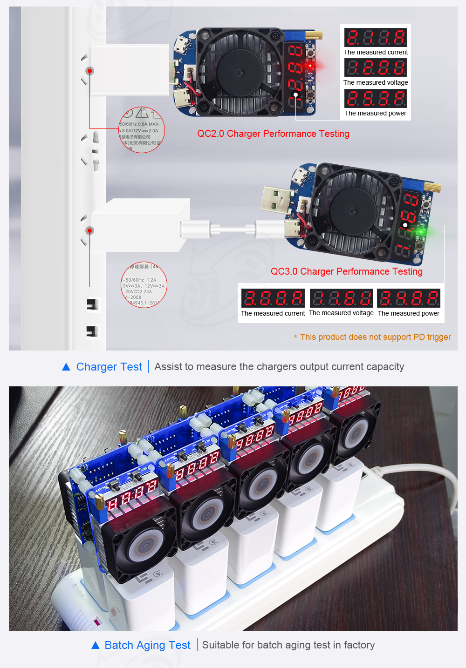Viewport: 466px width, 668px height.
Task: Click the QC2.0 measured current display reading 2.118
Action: tap(375, 38)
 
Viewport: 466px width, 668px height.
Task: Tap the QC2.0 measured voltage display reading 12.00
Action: tap(375, 68)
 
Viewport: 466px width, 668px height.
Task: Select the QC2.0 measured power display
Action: tap(375, 99)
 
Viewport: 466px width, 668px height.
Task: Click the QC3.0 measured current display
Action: tap(273, 298)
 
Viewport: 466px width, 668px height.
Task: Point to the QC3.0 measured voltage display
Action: tap(341, 298)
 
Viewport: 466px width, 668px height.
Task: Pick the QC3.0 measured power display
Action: tap(409, 298)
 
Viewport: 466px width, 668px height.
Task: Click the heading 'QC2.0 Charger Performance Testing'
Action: tap(273, 134)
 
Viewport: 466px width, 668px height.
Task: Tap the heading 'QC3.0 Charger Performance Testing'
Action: tap(347, 271)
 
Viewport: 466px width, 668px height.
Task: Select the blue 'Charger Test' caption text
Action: tap(109, 367)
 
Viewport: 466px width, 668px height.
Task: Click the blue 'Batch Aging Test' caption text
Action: tap(147, 645)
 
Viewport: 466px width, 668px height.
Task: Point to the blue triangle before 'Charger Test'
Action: tap(66, 367)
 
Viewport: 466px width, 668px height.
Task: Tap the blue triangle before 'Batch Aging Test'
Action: tap(96, 645)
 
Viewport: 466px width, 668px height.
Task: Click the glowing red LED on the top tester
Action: tap(309, 66)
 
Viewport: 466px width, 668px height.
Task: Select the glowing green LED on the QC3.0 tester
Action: tap(421, 231)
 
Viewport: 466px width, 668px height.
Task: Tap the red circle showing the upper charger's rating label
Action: tap(142, 130)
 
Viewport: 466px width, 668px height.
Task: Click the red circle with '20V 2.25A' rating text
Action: tap(144, 285)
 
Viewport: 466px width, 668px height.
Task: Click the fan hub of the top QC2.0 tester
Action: tap(240, 72)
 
